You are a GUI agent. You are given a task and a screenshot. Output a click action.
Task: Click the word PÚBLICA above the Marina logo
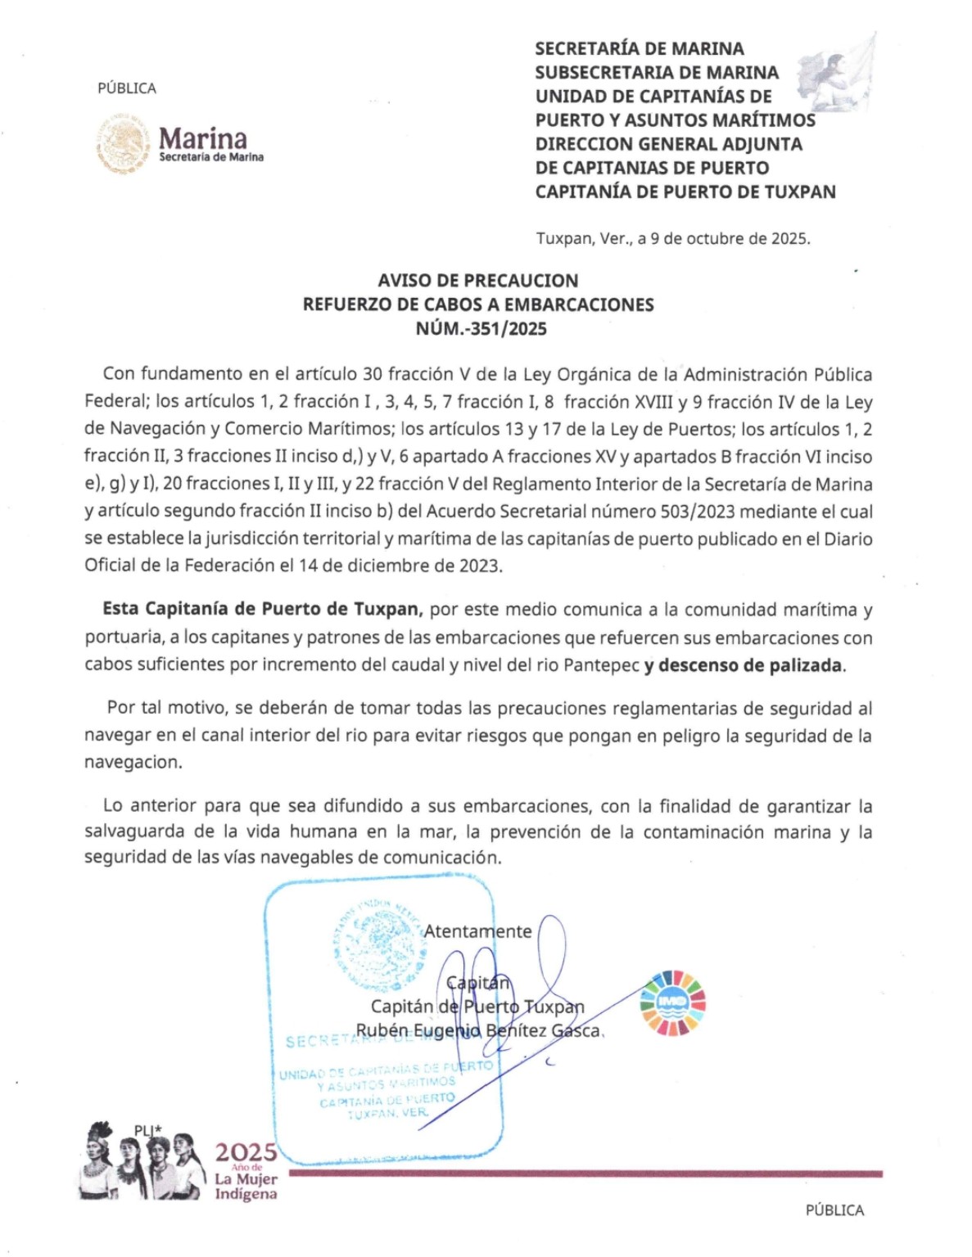pyautogui.click(x=127, y=88)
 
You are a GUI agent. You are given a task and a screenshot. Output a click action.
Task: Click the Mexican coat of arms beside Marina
pyautogui.click(x=124, y=145)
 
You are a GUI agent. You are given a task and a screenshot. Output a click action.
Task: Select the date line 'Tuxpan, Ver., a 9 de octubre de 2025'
pyautogui.click(x=672, y=239)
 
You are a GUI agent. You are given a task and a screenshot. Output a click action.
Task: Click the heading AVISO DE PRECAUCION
pyautogui.click(x=478, y=281)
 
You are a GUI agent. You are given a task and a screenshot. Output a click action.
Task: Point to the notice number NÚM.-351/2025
pyautogui.click(x=481, y=329)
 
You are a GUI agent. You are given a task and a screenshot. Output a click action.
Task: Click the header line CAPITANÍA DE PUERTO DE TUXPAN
pyautogui.click(x=685, y=192)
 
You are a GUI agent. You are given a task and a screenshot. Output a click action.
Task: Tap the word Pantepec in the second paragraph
pyautogui.click(x=602, y=665)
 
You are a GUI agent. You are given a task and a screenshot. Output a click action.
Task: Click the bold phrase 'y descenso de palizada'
pyautogui.click(x=744, y=665)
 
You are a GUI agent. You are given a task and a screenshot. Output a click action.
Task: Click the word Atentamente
pyautogui.click(x=477, y=931)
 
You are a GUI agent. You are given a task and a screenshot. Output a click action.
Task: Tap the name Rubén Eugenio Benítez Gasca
pyautogui.click(x=478, y=1031)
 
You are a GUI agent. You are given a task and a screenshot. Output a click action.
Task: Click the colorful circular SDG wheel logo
pyautogui.click(x=672, y=1003)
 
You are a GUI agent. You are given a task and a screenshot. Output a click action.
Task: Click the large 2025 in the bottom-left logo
pyautogui.click(x=245, y=1153)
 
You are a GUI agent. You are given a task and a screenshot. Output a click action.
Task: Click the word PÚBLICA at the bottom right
pyautogui.click(x=834, y=1210)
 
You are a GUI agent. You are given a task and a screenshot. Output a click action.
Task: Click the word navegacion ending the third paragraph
pyautogui.click(x=133, y=763)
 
